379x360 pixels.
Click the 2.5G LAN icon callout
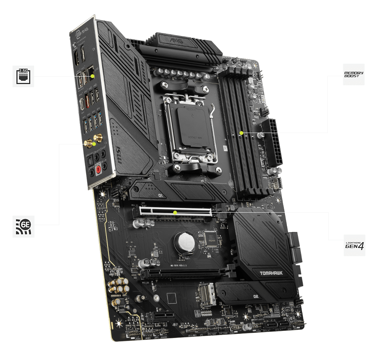click(x=23, y=76)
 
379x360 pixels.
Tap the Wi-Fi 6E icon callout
click(x=23, y=227)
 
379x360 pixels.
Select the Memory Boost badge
click(x=354, y=74)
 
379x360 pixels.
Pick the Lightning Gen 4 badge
click(x=355, y=245)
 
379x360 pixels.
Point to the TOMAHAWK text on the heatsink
click(x=271, y=273)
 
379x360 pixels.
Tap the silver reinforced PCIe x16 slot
click(x=175, y=213)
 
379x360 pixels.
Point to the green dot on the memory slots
click(x=241, y=133)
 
